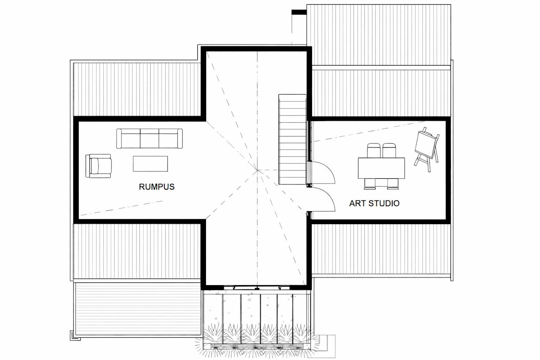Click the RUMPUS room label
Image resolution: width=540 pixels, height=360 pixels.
[x=157, y=187]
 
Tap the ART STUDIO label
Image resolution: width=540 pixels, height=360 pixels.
[x=374, y=203]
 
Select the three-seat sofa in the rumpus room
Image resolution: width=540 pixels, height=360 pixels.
[x=150, y=139]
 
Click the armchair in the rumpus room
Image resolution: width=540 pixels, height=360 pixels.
[x=98, y=166]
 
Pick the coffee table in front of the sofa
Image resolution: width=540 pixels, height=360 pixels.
[x=150, y=164]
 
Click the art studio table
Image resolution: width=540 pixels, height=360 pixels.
[x=381, y=168]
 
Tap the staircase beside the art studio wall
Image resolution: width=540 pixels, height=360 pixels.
[x=292, y=139]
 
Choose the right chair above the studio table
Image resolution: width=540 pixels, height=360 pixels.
[x=390, y=150]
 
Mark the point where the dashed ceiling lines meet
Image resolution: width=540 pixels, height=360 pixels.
[x=258, y=170]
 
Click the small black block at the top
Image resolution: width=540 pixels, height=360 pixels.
[x=299, y=12]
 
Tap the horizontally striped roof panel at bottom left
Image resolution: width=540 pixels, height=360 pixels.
[x=138, y=308]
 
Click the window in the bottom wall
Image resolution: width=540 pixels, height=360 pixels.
[x=257, y=287]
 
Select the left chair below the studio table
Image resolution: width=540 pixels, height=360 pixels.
[x=370, y=183]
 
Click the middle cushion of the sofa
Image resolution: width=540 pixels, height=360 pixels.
[x=150, y=138]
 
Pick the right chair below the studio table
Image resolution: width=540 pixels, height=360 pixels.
[x=393, y=183]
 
